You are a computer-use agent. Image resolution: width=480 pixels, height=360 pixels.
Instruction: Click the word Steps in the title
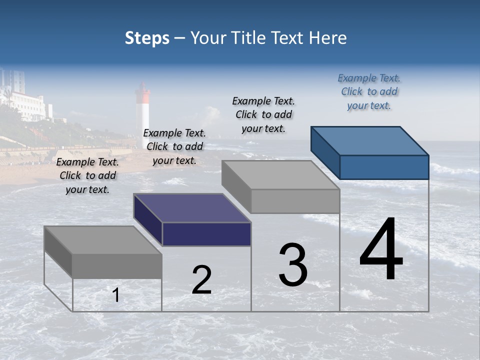147,38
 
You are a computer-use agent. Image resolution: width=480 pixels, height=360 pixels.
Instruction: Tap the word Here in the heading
328,38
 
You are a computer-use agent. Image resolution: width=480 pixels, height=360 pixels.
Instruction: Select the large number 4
381,250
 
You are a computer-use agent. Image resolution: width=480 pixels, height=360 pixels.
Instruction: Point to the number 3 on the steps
293,265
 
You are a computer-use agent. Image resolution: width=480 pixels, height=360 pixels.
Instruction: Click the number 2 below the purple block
201,280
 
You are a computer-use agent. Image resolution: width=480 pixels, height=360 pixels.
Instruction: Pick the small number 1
115,295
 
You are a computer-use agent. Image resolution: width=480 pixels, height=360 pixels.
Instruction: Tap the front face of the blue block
384,167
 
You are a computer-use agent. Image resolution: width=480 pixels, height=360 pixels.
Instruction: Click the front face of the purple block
206,234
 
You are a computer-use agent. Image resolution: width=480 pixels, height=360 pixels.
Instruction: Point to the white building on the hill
30,105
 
